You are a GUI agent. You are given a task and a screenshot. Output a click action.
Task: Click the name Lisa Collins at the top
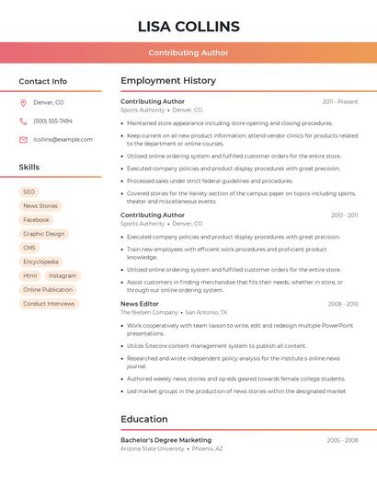pos(188,26)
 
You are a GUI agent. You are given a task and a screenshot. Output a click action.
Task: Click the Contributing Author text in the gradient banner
pos(188,52)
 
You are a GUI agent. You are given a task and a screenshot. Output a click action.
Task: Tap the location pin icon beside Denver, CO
pos(23,102)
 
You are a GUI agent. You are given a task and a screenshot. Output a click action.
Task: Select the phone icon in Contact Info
pos(23,121)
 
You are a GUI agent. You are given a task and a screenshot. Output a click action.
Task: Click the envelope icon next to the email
pos(23,140)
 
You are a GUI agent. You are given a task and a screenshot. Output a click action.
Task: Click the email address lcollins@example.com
pos(63,140)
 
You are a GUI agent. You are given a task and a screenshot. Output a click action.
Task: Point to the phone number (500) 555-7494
pos(52,121)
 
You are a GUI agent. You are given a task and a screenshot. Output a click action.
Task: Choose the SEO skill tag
pos(29,192)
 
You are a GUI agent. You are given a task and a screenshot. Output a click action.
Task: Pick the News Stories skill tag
pos(40,205)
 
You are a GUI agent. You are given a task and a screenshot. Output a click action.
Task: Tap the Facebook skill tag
pos(36,220)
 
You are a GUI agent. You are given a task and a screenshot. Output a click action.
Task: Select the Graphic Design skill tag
pos(44,234)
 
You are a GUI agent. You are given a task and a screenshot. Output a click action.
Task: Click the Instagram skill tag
pos(63,275)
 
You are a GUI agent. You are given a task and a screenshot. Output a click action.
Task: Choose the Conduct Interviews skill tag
pos(49,303)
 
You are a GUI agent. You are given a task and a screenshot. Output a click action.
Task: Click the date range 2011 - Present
pos(339,101)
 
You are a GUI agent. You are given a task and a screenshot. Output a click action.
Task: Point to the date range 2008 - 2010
pos(342,304)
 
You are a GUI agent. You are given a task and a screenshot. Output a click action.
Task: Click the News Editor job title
pos(140,303)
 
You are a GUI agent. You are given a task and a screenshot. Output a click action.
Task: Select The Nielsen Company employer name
pos(149,312)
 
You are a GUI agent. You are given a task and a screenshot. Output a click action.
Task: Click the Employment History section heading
pos(168,80)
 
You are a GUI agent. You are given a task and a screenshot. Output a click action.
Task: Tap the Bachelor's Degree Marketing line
pos(166,440)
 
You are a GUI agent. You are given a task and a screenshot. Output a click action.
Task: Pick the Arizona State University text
pos(152,448)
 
